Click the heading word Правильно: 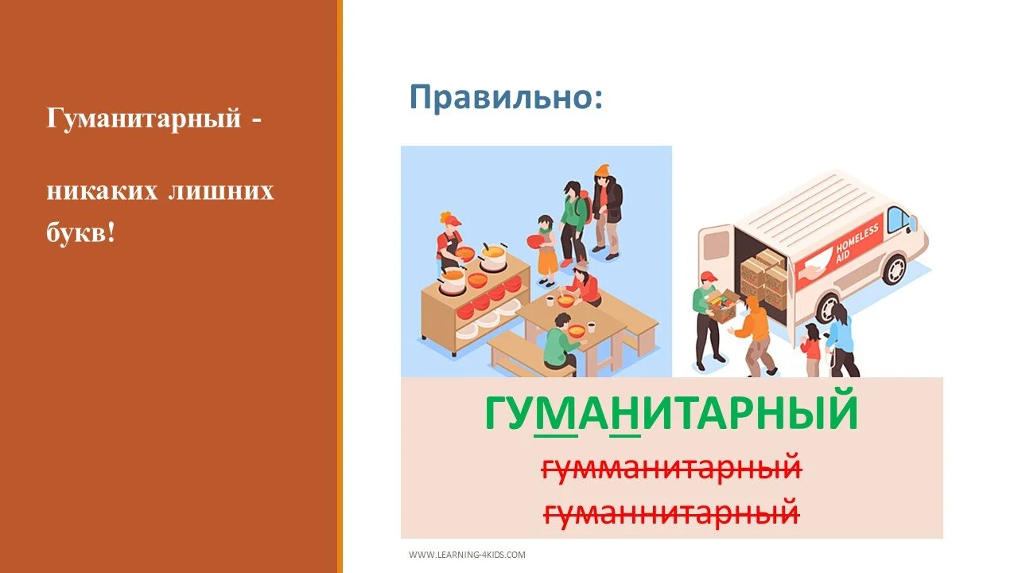tap(506, 98)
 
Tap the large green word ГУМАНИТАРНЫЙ tap(671, 414)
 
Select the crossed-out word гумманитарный tap(671, 469)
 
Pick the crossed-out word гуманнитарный tap(671, 510)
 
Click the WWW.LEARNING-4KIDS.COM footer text tap(467, 555)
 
